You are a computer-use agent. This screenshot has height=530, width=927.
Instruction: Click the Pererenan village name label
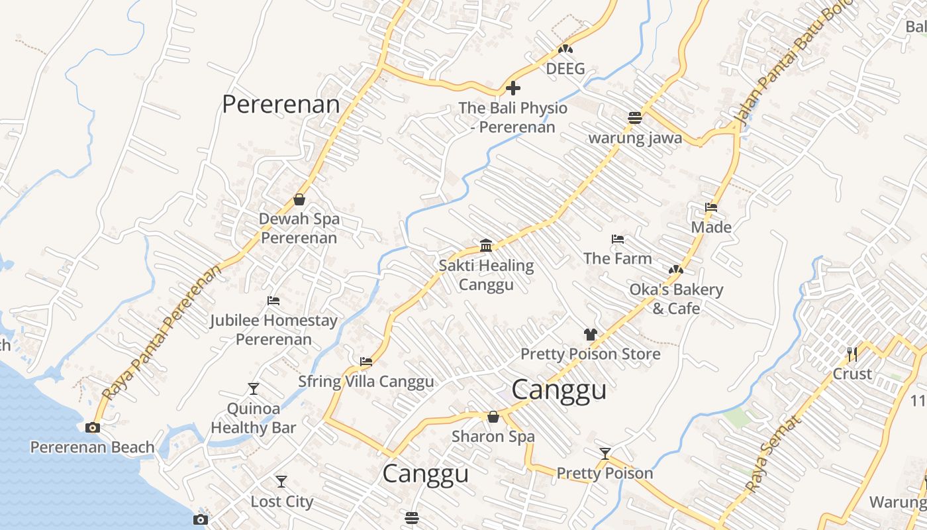[281, 104]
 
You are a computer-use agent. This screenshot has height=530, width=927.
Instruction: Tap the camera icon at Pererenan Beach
[93, 427]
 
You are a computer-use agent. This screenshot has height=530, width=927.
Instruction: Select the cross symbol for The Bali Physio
[512, 87]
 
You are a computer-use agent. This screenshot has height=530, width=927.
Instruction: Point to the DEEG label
[565, 68]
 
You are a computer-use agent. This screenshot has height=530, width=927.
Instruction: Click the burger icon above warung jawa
[635, 118]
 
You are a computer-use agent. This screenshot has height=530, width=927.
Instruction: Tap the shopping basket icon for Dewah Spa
[299, 199]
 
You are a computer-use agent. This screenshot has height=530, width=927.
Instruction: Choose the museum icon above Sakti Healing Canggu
[486, 245]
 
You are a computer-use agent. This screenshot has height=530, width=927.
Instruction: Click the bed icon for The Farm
[618, 238]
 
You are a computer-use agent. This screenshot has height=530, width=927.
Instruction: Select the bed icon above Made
[711, 207]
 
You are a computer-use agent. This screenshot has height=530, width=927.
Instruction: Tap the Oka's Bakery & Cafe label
[676, 299]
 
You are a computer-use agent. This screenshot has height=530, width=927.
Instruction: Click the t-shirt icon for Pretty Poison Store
[590, 335]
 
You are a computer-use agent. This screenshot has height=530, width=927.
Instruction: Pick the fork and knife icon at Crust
[852, 354]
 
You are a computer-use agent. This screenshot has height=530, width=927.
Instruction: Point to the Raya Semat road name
[772, 454]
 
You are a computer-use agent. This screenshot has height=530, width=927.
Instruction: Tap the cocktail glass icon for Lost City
[281, 482]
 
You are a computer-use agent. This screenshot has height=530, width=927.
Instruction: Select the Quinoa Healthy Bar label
[253, 418]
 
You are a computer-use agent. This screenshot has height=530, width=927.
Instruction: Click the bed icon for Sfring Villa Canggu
[366, 361]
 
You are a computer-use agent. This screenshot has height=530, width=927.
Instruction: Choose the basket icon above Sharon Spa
[493, 417]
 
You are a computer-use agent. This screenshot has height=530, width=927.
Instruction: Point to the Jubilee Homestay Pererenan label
[273, 329]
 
